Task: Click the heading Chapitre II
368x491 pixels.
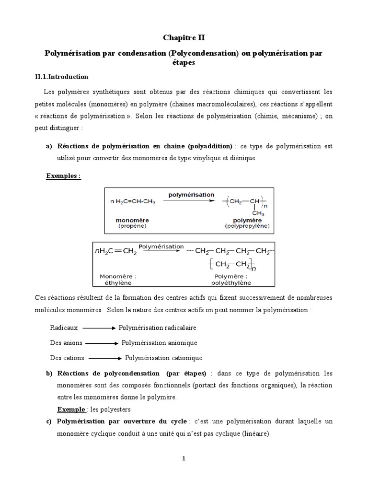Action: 184,37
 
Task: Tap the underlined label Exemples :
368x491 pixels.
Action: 63,176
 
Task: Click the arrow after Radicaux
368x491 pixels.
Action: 99,328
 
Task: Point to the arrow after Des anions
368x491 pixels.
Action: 102,343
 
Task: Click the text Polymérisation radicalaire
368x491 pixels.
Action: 158,328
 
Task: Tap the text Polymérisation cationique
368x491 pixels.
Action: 164,358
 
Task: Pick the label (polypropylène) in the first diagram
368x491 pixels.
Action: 247,226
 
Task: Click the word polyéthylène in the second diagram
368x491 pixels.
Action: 233,283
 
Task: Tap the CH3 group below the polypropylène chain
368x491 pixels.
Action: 258,214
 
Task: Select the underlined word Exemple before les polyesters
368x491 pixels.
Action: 71,409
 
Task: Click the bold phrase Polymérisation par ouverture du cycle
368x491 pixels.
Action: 122,421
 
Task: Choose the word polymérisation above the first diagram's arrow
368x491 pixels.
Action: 191,195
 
